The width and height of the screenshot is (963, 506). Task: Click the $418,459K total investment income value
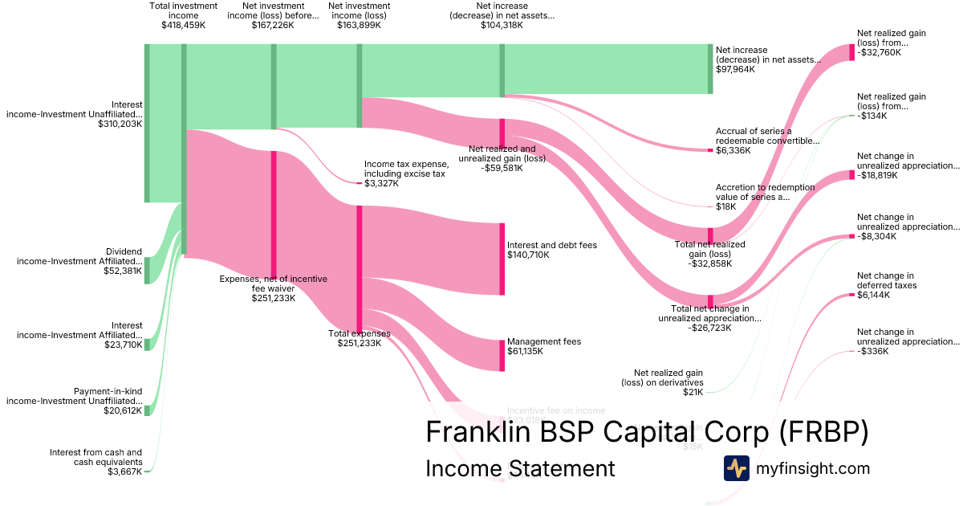tap(183, 25)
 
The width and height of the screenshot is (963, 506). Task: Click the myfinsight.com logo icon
tap(736, 468)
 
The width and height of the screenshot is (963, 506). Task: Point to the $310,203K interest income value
tap(120, 124)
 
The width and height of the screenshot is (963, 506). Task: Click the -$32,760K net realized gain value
tap(879, 52)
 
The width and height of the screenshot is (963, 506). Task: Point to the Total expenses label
tap(360, 333)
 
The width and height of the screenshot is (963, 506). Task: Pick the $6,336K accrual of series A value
tap(732, 150)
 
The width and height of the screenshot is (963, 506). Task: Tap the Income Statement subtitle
tap(520, 468)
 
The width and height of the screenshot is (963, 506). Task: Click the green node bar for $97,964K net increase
tap(709, 69)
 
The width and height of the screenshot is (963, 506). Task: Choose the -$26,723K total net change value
tap(709, 328)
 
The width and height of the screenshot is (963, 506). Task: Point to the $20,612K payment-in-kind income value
tap(122, 410)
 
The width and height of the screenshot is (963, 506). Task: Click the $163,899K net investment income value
tap(359, 25)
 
